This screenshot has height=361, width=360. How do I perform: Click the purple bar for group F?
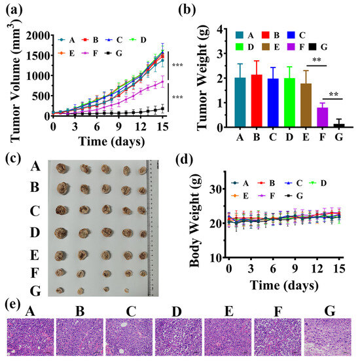(x=322, y=117)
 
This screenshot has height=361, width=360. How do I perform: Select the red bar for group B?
(x=257, y=101)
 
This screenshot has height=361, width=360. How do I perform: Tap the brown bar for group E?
(x=306, y=105)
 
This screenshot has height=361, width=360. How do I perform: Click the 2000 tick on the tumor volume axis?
(x=38, y=36)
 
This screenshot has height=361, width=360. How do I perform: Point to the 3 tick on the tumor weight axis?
(x=220, y=54)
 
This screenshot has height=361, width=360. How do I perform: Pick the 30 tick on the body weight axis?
(x=216, y=189)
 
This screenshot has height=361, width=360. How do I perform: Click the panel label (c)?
(x=13, y=159)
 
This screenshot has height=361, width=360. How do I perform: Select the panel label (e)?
(x=12, y=305)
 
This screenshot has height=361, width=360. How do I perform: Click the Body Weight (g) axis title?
(x=195, y=221)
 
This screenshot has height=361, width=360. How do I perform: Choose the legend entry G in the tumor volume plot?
(x=113, y=54)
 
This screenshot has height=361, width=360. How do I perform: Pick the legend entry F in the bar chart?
(x=296, y=47)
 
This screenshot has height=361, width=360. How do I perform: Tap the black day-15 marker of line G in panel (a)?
(x=162, y=109)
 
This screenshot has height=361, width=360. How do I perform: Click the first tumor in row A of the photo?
(x=62, y=168)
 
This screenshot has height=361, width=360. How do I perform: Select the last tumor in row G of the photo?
(x=127, y=290)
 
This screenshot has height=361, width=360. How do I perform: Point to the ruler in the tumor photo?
(x=153, y=228)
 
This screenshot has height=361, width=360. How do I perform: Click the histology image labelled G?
(x=328, y=337)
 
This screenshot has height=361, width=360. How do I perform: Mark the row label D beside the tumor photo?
(x=35, y=233)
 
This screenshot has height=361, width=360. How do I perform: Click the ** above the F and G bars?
(x=333, y=94)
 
